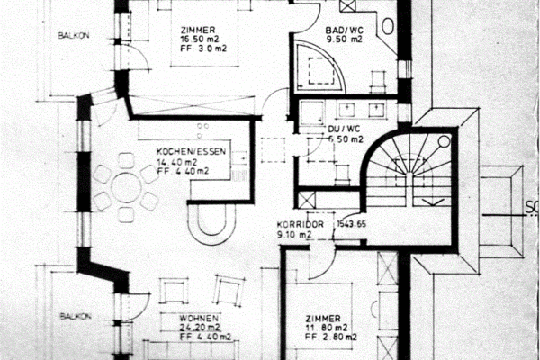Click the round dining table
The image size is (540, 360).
126,187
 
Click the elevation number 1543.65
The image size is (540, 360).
351,224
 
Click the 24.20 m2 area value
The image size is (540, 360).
199,329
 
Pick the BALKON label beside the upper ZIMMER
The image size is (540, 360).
72,37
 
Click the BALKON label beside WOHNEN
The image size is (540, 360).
74,317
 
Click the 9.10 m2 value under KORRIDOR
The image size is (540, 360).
294,234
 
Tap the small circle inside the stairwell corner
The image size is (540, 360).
443,141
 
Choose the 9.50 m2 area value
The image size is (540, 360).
345,40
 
